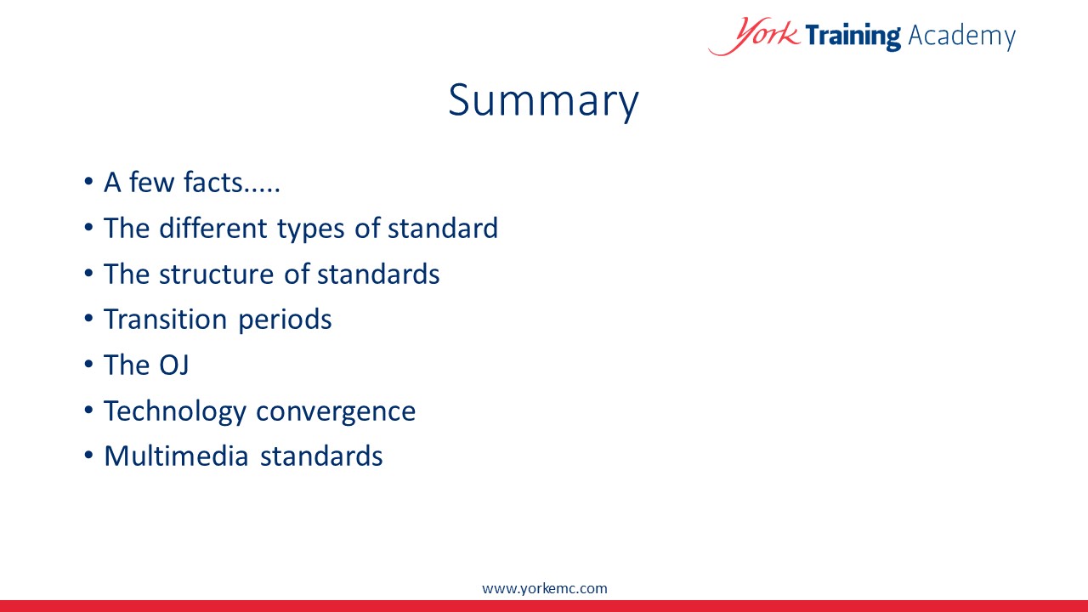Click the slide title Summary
543,101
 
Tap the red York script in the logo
754,36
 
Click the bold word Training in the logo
853,36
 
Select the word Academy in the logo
961,37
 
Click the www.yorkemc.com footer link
545,589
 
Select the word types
311,229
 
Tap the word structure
216,275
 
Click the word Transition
165,319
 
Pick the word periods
285,320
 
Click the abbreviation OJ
174,365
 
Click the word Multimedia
176,456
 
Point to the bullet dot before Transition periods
88,319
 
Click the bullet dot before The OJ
88,365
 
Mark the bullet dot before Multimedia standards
88,456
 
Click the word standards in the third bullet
378,275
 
